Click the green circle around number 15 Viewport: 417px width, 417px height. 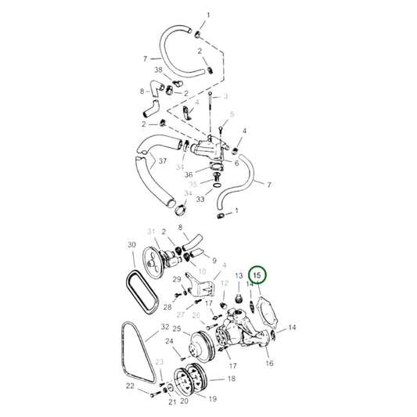(258, 276)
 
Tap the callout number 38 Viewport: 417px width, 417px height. (159, 69)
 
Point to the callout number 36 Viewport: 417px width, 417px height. (189, 174)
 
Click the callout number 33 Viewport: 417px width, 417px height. (201, 200)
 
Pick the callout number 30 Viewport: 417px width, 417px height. (132, 244)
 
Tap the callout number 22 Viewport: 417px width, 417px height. (130, 385)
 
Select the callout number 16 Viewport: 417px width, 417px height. (269, 363)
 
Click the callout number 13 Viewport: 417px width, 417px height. (239, 277)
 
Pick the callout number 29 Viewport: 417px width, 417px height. (178, 279)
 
